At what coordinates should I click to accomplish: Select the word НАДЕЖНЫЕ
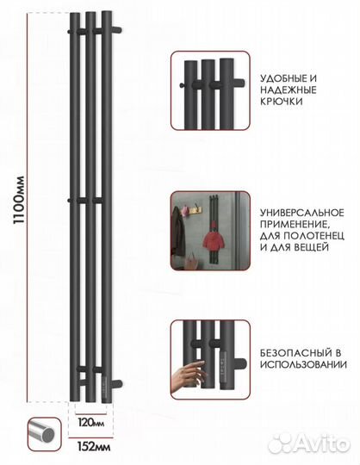point(285,90)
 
